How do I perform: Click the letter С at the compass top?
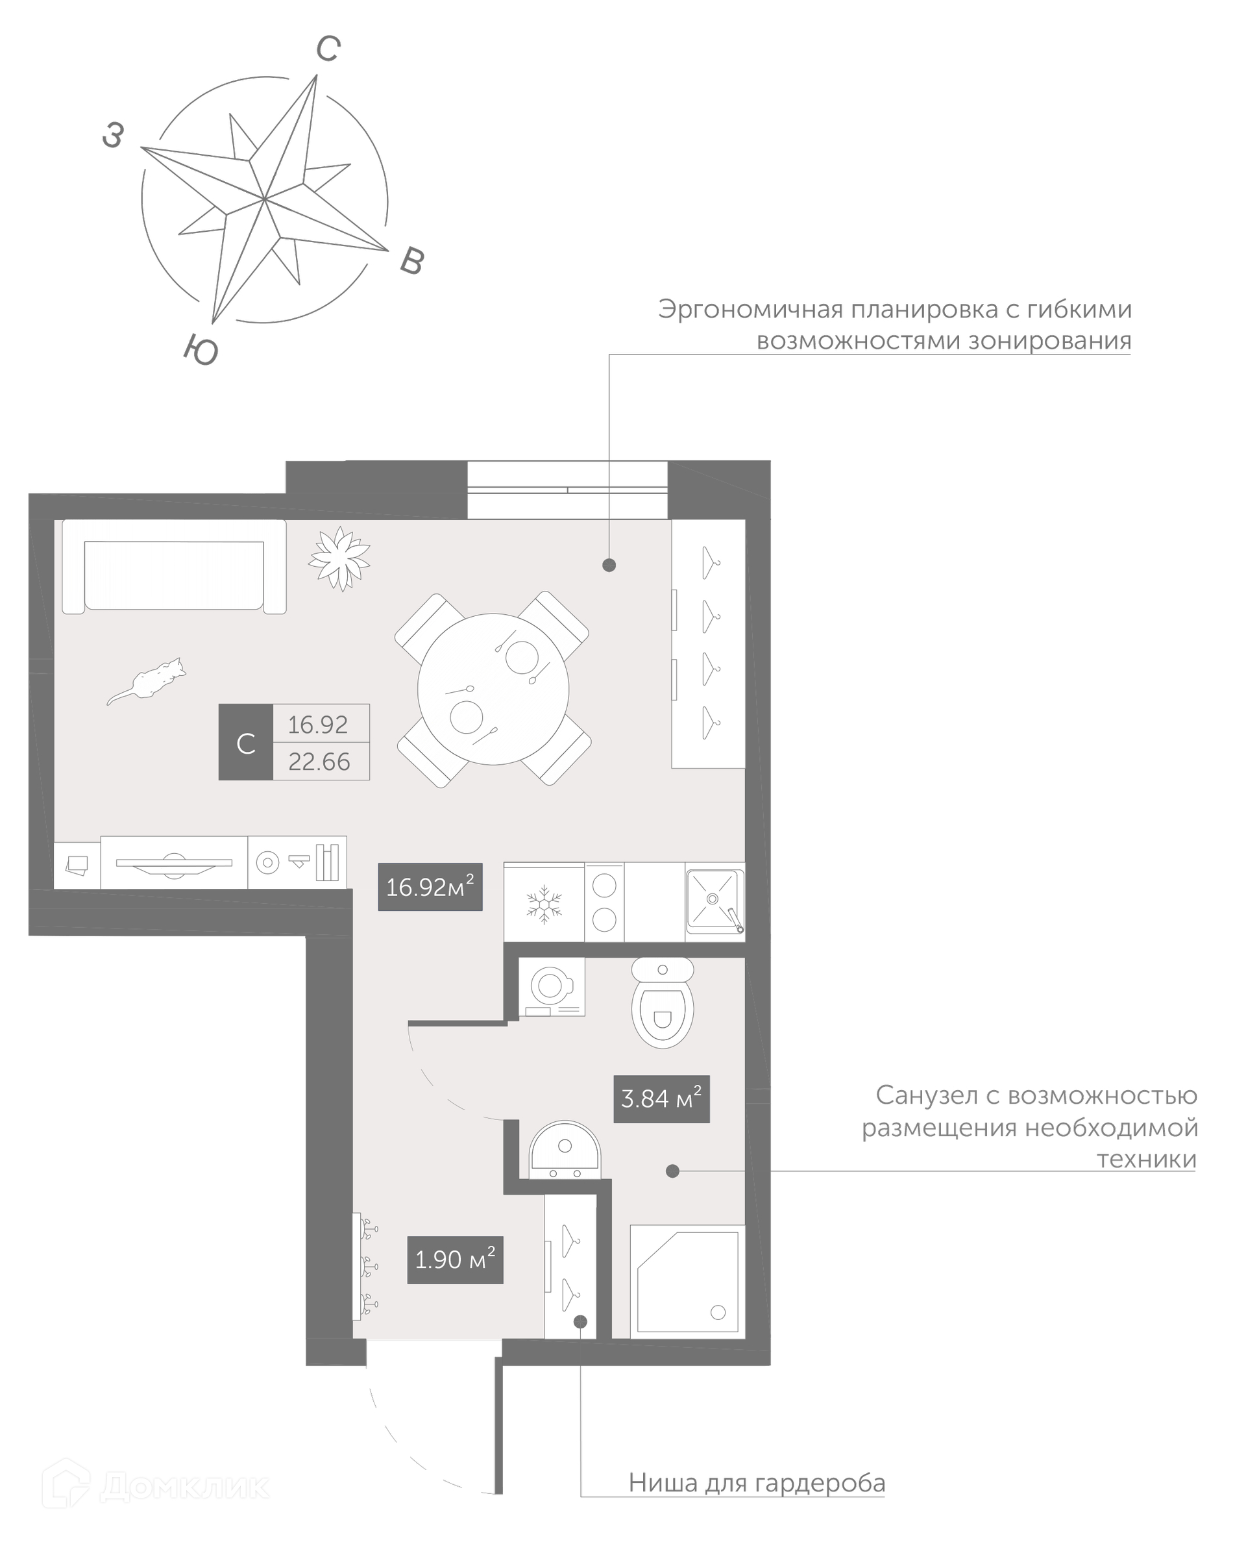pyautogui.click(x=328, y=49)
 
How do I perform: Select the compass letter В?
pyautogui.click(x=412, y=261)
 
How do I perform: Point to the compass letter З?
pyautogui.click(x=114, y=135)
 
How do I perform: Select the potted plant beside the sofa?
pyautogui.click(x=339, y=558)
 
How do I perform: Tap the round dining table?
pyautogui.click(x=493, y=689)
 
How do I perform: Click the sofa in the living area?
pyautogui.click(x=174, y=567)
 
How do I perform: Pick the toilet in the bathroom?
pyautogui.click(x=663, y=1002)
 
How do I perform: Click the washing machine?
pyautogui.click(x=551, y=986)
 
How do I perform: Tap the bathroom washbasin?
pyautogui.click(x=565, y=1150)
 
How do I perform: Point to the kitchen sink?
pyautogui.click(x=714, y=901)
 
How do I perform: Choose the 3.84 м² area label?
pyautogui.click(x=662, y=1099)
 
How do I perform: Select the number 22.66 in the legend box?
pyautogui.click(x=319, y=762)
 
